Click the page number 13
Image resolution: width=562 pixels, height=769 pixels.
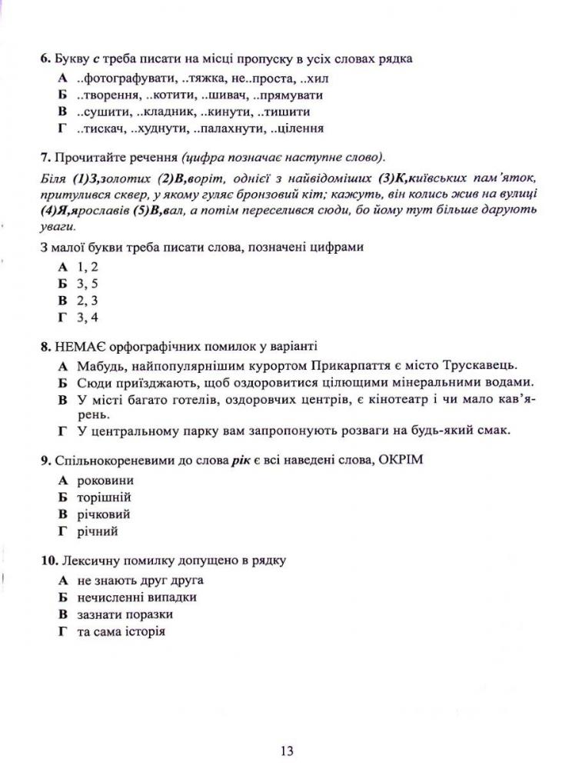[x=286, y=751]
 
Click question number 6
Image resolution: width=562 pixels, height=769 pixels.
[x=44, y=58]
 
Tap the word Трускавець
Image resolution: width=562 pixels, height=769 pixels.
[x=482, y=365]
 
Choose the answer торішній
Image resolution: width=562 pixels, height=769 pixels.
[x=104, y=498]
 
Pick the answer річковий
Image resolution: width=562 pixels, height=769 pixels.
[x=104, y=514]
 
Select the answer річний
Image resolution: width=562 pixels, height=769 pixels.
[x=98, y=531]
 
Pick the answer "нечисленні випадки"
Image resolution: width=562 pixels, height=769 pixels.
[x=137, y=598]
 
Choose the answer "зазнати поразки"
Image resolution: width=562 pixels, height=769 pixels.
[x=125, y=614]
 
